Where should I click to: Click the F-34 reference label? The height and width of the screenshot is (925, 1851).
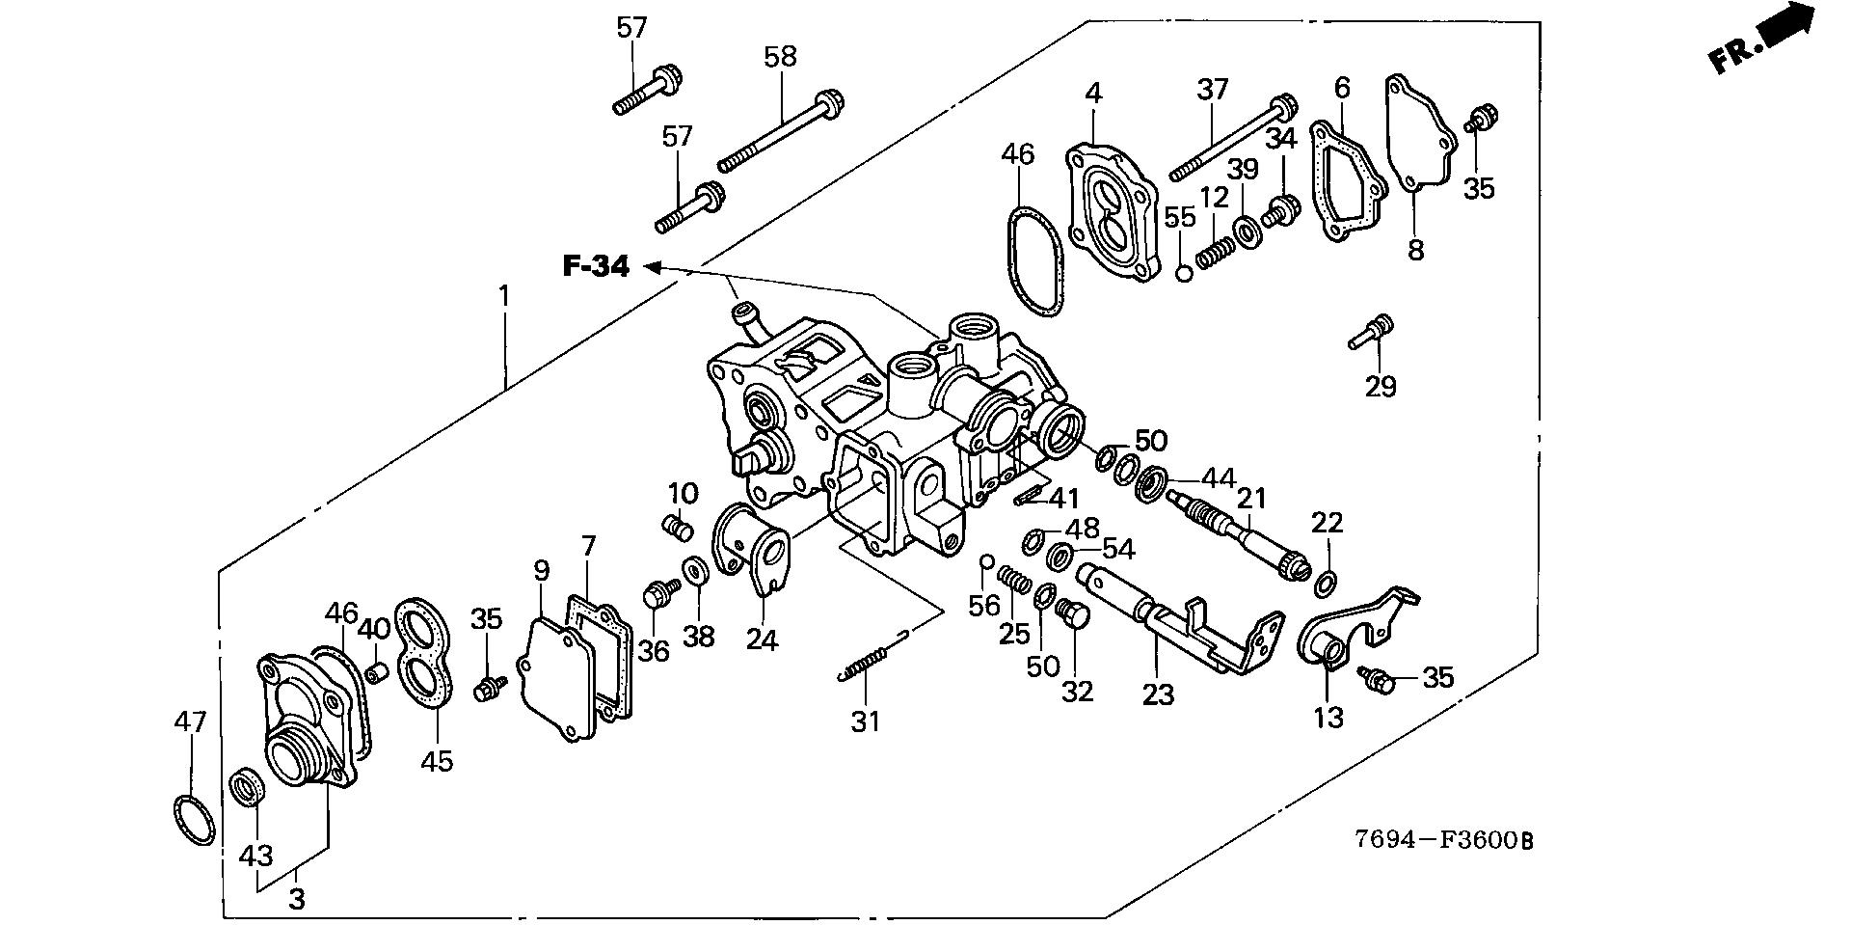(x=596, y=267)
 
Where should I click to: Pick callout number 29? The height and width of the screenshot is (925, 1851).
(x=1381, y=387)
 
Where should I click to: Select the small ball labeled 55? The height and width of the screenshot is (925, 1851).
(x=1185, y=273)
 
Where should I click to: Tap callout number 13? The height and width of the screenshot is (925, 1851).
(x=1328, y=717)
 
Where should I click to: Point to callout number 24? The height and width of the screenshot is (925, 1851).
(x=762, y=639)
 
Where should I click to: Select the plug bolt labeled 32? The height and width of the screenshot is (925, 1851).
(x=1071, y=613)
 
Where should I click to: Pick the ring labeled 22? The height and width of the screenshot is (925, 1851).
(x=1326, y=582)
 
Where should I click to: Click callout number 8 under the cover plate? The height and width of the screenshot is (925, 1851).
(x=1414, y=251)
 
